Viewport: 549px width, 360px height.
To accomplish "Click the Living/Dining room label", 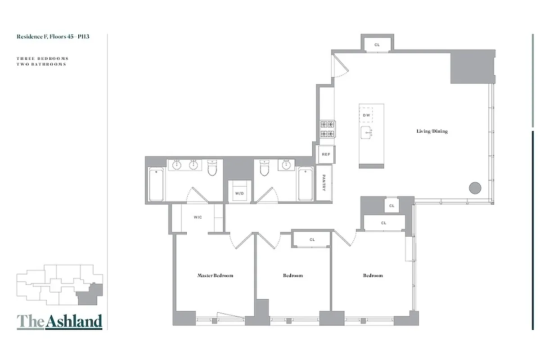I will [x=432, y=131].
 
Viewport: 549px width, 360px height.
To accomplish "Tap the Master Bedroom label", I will [x=215, y=275].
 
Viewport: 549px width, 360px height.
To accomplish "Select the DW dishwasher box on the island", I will [x=366, y=115].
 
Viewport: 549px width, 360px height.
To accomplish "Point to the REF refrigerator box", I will [x=326, y=154].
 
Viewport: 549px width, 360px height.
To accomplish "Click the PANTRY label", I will [x=324, y=183].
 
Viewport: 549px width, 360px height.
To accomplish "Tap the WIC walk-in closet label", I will [x=198, y=217].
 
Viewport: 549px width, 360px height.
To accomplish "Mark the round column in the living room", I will [x=475, y=188].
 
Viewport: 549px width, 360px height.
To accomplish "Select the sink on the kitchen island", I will [x=367, y=132].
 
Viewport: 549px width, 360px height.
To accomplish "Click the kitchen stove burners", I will [x=328, y=129].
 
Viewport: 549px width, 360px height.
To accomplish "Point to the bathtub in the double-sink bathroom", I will [x=156, y=184].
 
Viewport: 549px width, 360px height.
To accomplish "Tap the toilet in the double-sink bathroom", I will [x=213, y=168].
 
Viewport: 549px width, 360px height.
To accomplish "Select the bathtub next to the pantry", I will [x=306, y=184].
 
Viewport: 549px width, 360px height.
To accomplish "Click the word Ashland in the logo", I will [x=74, y=321].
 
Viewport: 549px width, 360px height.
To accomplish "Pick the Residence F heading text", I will [x=53, y=36].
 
